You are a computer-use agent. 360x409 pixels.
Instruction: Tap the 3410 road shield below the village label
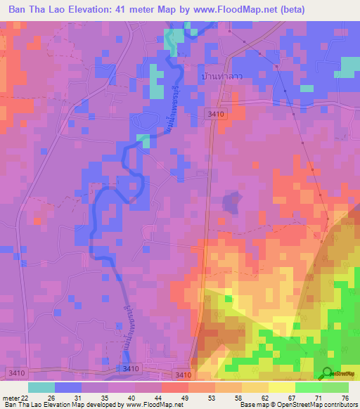click(214, 112)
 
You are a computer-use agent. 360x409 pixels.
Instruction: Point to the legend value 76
click(345, 397)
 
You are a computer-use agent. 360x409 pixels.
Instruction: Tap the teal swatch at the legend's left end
click(41, 387)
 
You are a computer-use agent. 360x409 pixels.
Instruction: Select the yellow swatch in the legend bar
click(281, 387)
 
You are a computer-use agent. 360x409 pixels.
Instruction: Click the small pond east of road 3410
click(230, 203)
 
